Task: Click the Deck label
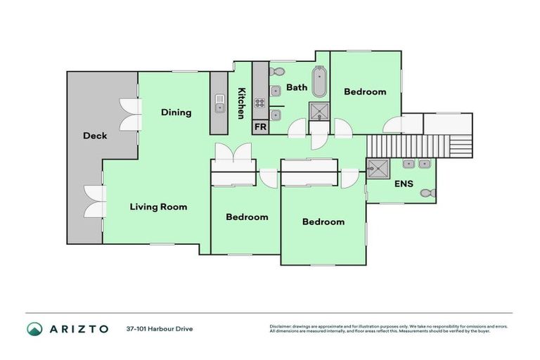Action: click(95, 136)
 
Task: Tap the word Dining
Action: click(176, 112)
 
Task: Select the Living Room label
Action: click(158, 207)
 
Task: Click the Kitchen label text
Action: click(241, 103)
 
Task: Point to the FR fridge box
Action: click(260, 127)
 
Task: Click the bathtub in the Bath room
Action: click(319, 82)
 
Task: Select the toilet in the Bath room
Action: click(276, 71)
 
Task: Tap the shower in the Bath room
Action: click(320, 110)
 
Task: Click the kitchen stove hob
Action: click(259, 103)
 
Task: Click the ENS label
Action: click(403, 186)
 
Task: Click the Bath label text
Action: click(296, 88)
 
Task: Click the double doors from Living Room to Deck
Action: click(93, 202)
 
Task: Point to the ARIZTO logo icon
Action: click(34, 328)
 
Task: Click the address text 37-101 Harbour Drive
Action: click(160, 328)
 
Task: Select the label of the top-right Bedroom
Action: click(365, 91)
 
